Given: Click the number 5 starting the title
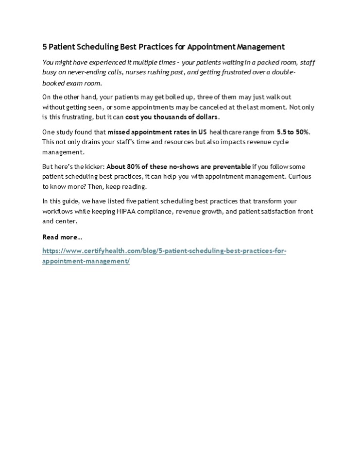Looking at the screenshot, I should click(45, 47).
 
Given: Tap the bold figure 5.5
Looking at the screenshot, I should click(282, 132).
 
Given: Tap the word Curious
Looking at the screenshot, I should click(300, 177).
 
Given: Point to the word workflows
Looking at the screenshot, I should click(57, 211).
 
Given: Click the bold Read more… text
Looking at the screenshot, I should click(62, 237).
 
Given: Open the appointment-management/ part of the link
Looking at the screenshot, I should click(86, 261).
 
